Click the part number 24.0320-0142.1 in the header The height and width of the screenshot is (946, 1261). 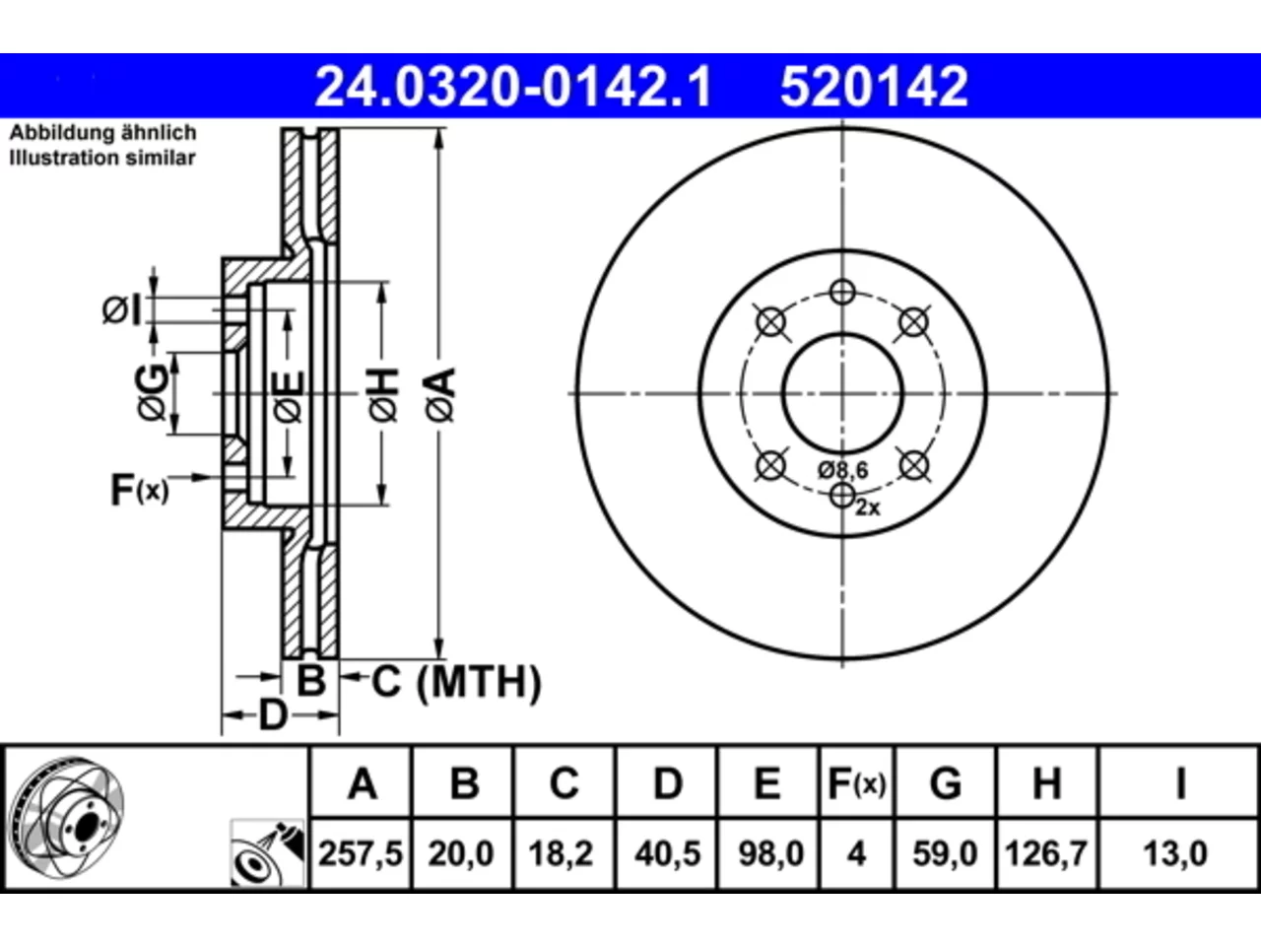point(513,87)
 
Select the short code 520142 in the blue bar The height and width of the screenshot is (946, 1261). point(874,87)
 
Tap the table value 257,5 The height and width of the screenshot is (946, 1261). point(361,854)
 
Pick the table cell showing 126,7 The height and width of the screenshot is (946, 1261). point(1045,854)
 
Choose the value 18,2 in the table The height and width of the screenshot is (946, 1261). point(561,854)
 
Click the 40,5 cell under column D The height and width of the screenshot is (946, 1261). point(668,854)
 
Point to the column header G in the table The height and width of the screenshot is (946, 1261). point(946,783)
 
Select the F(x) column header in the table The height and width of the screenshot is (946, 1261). point(856,784)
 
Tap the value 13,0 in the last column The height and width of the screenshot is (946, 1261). point(1175,854)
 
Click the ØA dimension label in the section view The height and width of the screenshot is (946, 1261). point(440,395)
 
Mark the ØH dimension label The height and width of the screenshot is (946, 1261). point(383,395)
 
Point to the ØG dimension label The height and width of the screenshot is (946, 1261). point(153,392)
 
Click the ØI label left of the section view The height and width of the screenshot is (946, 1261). point(121,310)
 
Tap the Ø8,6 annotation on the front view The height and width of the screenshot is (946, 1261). point(842,470)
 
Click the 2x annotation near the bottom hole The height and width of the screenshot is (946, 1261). point(868,507)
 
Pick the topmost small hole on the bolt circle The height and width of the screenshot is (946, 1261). point(842,292)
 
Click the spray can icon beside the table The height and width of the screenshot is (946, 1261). point(267,853)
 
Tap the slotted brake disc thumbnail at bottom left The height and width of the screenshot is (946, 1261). point(67,817)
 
